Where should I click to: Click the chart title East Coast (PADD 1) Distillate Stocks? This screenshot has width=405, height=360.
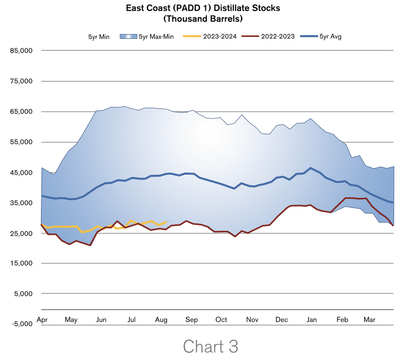pyautogui.click(x=202, y=8)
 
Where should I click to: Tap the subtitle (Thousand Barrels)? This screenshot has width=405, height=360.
pyautogui.click(x=202, y=19)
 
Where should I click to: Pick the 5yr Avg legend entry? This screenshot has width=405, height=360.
pyautogui.click(x=330, y=36)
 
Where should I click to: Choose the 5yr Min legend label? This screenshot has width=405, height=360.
pyautogui.click(x=99, y=36)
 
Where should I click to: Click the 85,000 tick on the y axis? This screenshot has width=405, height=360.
pyautogui.click(x=21, y=50)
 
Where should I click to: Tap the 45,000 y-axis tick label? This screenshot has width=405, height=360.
pyautogui.click(x=21, y=173)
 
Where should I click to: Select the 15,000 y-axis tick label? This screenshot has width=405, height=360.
pyautogui.click(x=21, y=264)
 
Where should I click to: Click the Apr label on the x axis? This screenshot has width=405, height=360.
pyautogui.click(x=42, y=320)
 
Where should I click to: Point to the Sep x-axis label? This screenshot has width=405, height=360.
pyautogui.click(x=192, y=320)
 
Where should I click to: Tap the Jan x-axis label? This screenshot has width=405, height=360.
pyautogui.click(x=312, y=320)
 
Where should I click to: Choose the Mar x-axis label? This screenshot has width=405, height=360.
pyautogui.click(x=369, y=320)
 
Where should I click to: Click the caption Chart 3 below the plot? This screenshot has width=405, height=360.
pyautogui.click(x=210, y=346)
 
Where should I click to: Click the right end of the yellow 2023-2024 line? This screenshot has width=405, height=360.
pyautogui.click(x=166, y=222)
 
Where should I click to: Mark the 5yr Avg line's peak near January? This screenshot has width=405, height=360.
pyautogui.click(x=310, y=168)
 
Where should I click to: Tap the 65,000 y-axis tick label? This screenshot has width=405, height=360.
pyautogui.click(x=21, y=111)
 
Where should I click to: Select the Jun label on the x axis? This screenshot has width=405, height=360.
pyautogui.click(x=101, y=320)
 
